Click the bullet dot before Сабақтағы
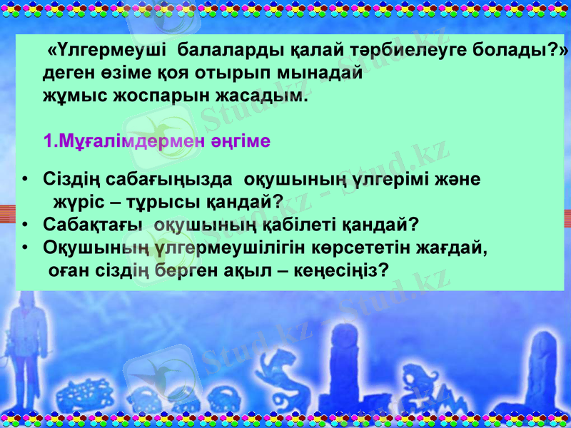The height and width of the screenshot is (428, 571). coord(25,225)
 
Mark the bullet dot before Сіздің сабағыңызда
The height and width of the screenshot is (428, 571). coord(25,179)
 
